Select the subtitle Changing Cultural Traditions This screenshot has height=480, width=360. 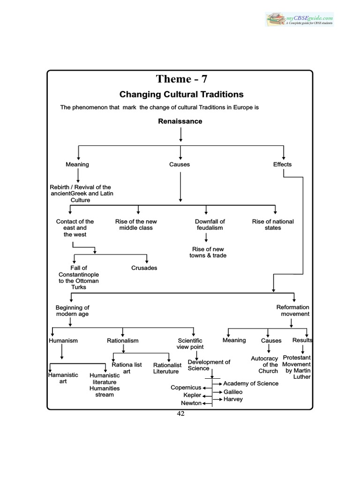pos(181,94)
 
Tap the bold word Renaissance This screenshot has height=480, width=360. pos(180,121)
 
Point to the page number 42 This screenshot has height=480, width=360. pos(180,414)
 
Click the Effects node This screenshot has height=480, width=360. pos(282,164)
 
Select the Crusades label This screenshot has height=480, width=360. pos(144,268)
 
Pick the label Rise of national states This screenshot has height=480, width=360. pos(273,225)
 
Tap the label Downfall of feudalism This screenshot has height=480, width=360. pos(210,225)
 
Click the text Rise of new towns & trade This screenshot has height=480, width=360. pos(209,252)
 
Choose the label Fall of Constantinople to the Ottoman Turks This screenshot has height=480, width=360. pos(78,277)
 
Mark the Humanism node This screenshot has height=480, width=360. pos(63,340)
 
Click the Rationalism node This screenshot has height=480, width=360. pos(123,340)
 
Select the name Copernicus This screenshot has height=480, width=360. pos(186,388)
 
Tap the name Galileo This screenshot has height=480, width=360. pos(233,391)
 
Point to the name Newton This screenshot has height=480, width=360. pos(191,403)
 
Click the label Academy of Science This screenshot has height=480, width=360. pos(251,383)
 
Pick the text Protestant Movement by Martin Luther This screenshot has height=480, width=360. pos(297,367)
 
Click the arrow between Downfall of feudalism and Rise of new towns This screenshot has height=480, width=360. pos(206,237)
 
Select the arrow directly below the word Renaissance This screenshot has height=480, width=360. pos(180,134)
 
